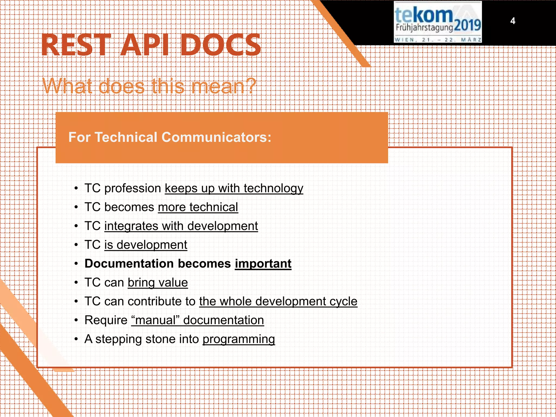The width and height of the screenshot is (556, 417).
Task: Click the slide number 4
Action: click(513, 21)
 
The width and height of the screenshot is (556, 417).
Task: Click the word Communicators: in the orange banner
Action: click(216, 137)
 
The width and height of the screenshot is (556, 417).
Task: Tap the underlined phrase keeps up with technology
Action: click(234, 188)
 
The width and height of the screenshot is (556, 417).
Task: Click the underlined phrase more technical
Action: click(198, 207)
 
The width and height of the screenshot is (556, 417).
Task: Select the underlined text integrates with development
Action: click(181, 226)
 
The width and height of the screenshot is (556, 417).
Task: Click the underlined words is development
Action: click(146, 245)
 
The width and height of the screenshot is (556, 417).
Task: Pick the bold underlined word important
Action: click(263, 264)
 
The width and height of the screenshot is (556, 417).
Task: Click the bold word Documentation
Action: click(129, 264)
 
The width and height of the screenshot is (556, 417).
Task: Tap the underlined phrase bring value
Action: click(158, 283)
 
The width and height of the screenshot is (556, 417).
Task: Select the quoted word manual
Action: click(156, 320)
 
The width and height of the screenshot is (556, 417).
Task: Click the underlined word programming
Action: click(239, 339)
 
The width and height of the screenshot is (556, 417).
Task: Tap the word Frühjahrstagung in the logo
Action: click(424, 27)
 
